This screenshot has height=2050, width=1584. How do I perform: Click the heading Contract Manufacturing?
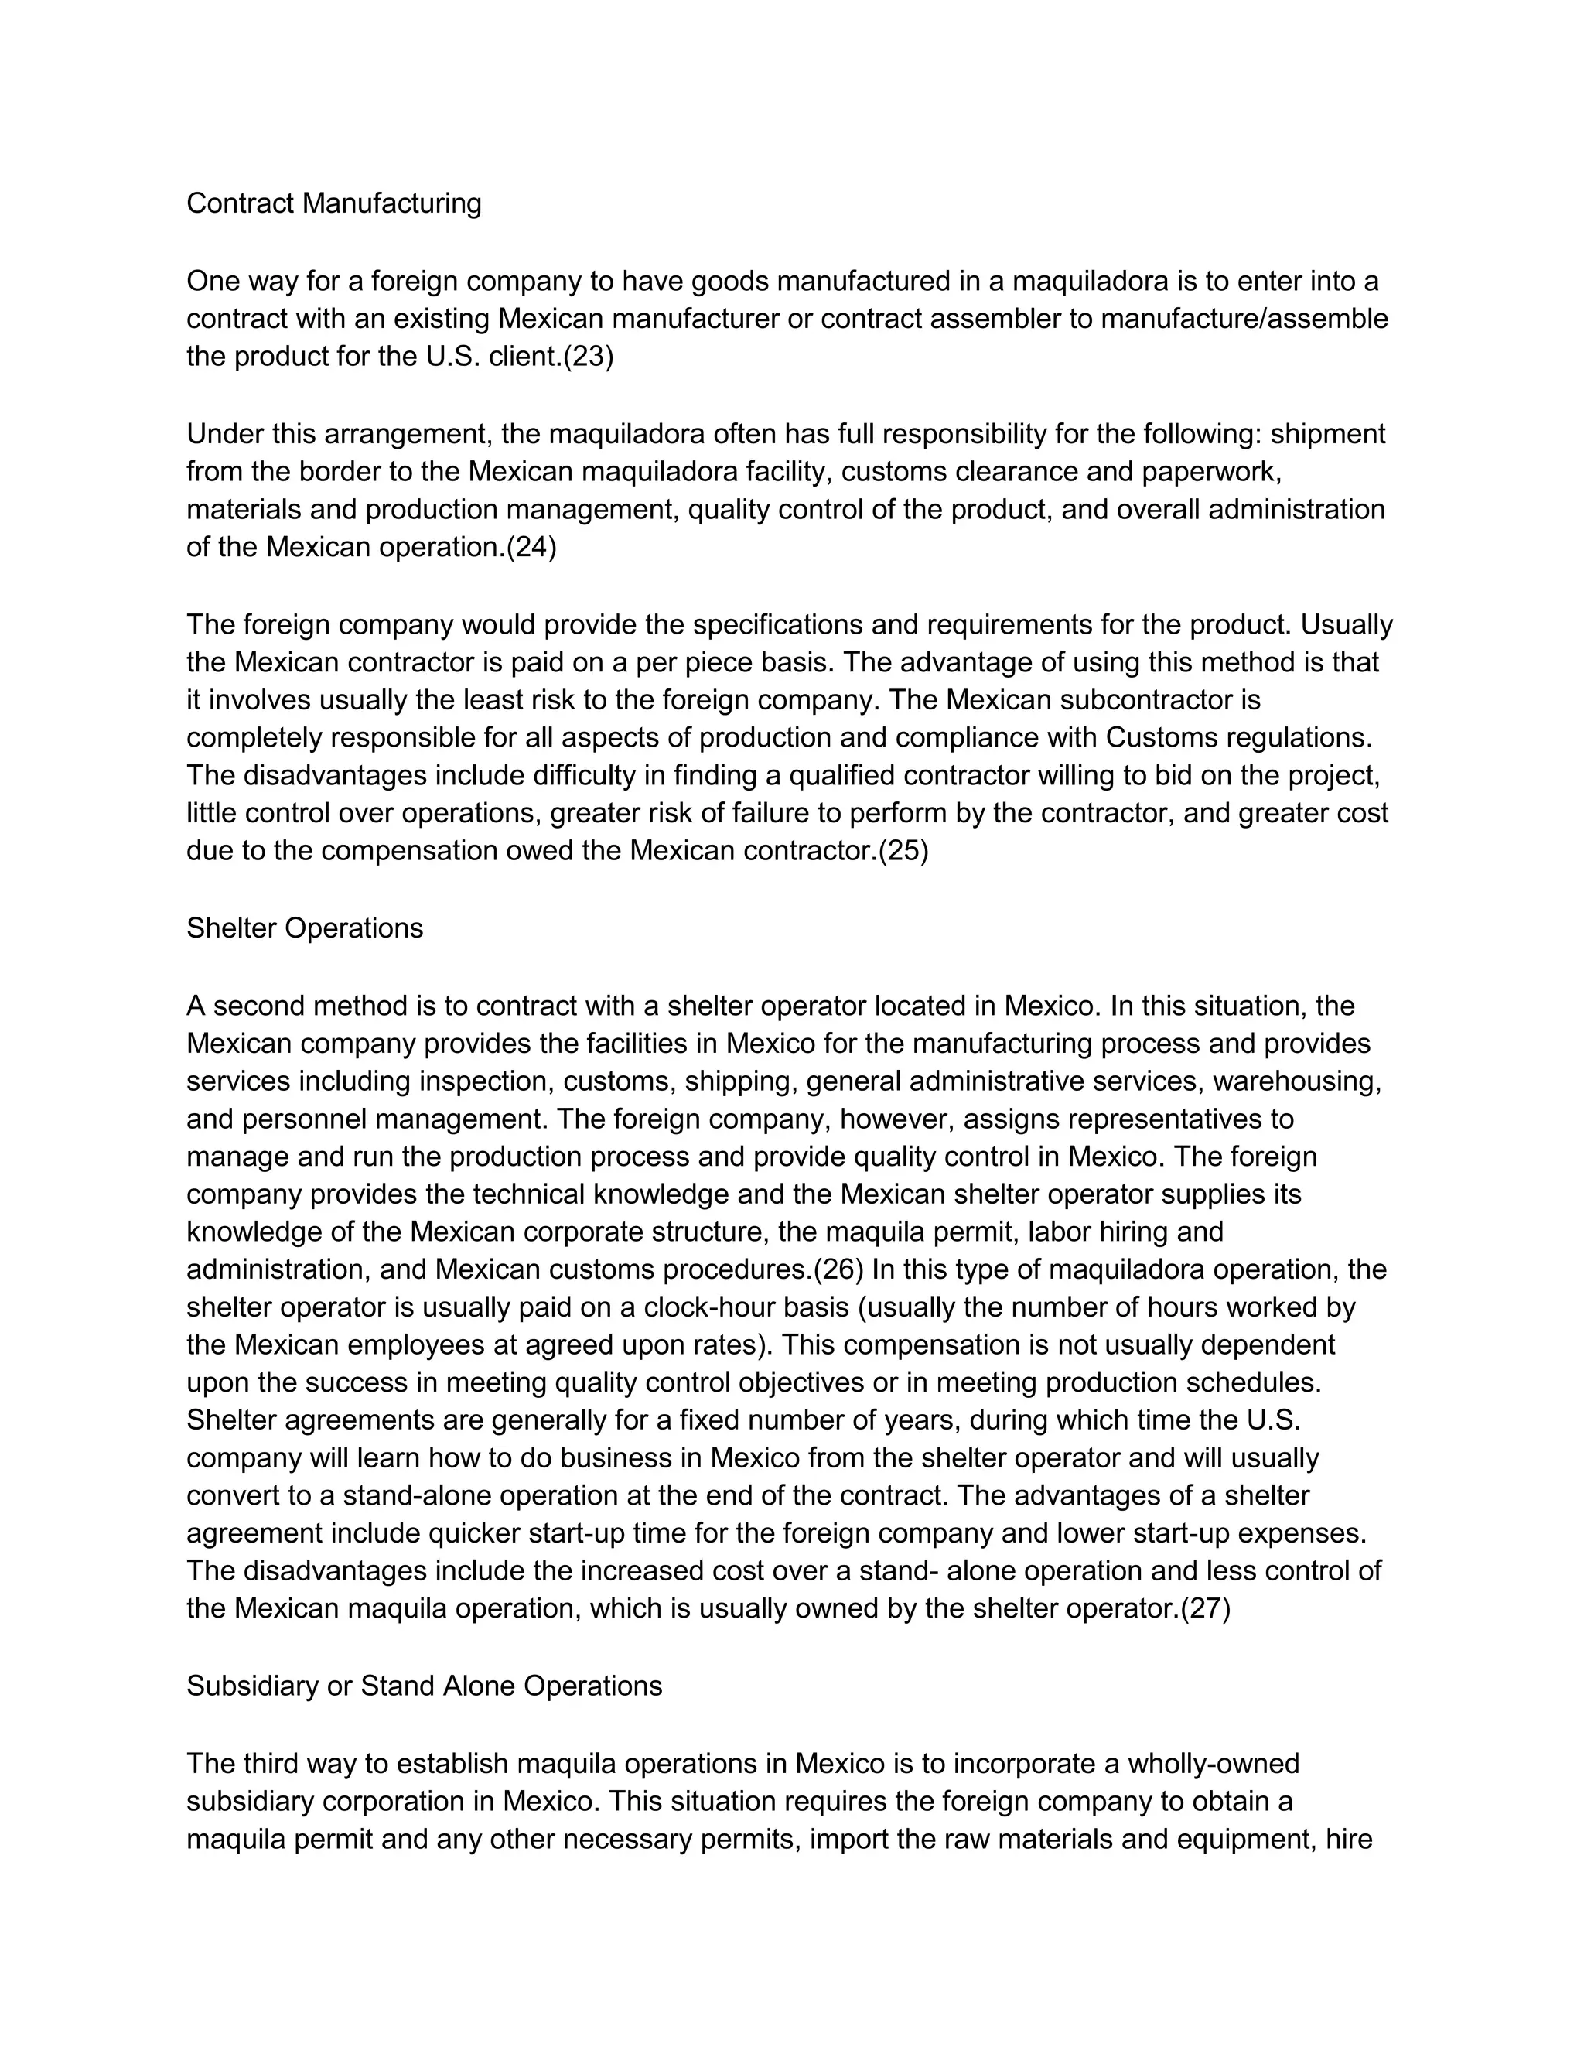coord(333,203)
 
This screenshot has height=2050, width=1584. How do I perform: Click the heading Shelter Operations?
coord(304,928)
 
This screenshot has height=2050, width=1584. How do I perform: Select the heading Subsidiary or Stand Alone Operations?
coord(424,1686)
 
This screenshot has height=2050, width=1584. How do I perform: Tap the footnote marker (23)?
coord(588,357)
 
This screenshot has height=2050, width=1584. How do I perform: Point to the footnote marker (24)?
coord(531,547)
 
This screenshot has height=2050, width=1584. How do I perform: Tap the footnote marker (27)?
coord(1205,1609)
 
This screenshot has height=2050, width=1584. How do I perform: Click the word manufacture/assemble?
coord(1244,319)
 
